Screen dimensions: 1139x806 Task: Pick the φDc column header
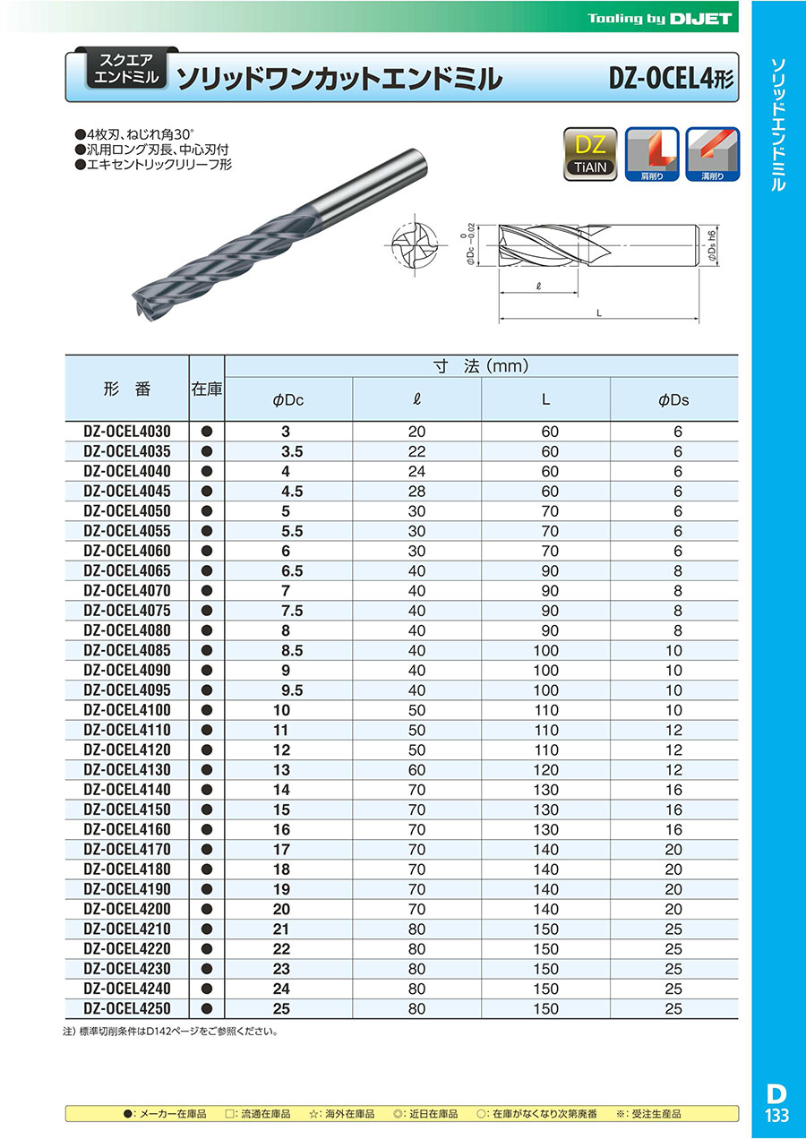coord(288,400)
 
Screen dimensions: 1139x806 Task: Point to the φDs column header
coord(673,400)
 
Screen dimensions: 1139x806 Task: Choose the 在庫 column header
coord(207,390)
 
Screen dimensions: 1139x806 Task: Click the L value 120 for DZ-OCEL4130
coord(546,770)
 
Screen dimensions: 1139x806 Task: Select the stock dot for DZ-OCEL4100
coord(207,710)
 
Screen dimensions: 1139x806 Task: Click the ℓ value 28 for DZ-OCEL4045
coord(417,492)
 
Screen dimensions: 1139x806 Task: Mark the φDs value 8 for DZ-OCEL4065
coord(678,570)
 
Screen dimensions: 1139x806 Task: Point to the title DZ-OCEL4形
coord(671,79)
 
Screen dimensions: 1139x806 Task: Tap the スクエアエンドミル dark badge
coord(126,70)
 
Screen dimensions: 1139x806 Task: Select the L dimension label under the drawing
coord(597,313)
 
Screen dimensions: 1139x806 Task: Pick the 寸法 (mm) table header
coord(481,366)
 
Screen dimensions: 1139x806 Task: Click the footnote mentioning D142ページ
coord(170,1032)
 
